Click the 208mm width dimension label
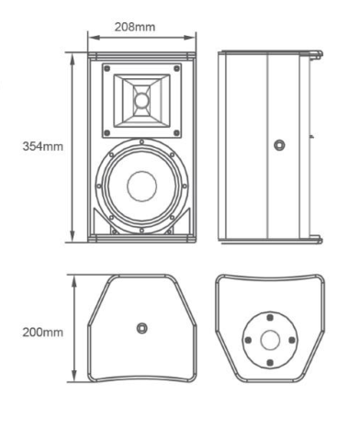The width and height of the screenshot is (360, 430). pyautogui.click(x=135, y=27)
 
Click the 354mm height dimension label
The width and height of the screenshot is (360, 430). pyautogui.click(x=43, y=146)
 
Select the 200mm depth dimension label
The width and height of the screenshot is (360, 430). pyautogui.click(x=43, y=333)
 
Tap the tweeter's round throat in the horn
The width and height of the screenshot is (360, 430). pyautogui.click(x=141, y=100)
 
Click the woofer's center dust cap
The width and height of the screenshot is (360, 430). pyautogui.click(x=142, y=187)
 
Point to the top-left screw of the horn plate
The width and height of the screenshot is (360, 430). pyautogui.click(x=107, y=68)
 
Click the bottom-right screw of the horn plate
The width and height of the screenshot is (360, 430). pyautogui.click(x=176, y=133)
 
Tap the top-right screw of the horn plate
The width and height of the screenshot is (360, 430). pyautogui.click(x=176, y=68)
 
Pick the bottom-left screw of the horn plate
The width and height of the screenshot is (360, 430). pyautogui.click(x=107, y=133)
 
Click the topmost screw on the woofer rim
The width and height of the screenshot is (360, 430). pyautogui.click(x=141, y=142)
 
